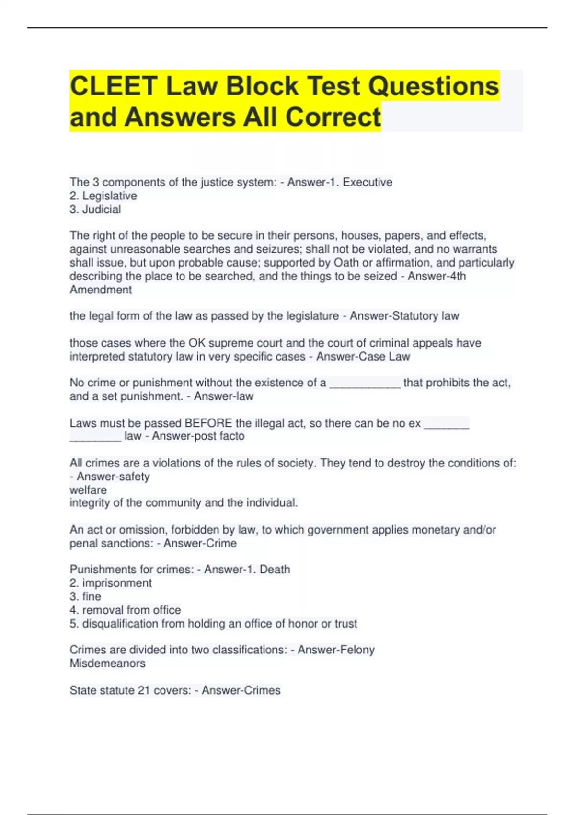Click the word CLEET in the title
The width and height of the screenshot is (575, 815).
click(x=114, y=86)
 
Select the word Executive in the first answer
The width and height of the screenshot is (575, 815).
click(x=368, y=182)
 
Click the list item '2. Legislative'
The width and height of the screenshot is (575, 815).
click(x=103, y=196)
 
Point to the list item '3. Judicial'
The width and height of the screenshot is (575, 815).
click(x=95, y=209)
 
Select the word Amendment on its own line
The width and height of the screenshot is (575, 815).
click(x=101, y=290)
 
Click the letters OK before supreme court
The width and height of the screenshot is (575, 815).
click(x=196, y=343)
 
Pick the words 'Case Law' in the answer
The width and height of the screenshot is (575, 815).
click(x=387, y=356)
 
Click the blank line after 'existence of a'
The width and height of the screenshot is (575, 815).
click(x=365, y=384)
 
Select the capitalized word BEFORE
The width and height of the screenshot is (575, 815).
click(x=208, y=423)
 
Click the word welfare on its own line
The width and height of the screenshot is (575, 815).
click(x=88, y=490)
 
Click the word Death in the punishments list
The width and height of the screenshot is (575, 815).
click(x=275, y=569)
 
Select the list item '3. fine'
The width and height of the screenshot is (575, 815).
click(x=85, y=596)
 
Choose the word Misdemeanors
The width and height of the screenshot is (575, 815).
click(x=107, y=664)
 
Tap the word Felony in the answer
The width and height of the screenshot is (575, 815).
click(x=356, y=650)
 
